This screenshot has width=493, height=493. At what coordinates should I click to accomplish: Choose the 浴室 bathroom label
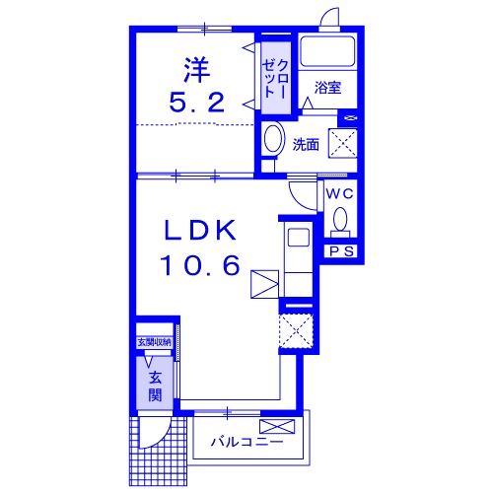pos(327,88)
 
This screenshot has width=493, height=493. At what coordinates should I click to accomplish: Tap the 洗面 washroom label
pos(306,144)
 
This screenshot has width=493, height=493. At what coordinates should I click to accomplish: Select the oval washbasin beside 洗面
pos(274,139)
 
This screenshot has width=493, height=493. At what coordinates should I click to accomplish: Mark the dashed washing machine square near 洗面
pos(342,144)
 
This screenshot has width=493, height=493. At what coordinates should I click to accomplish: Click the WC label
pos(341,193)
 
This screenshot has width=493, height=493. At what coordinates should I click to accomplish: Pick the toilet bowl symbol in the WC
pos(341,219)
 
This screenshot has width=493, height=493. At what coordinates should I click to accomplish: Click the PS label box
pos(341,251)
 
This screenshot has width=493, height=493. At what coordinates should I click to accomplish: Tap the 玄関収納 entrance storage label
pos(154,342)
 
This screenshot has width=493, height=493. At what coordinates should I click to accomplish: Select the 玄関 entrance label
pos(155,384)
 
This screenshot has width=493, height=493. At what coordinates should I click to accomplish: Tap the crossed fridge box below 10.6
pos(264,283)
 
